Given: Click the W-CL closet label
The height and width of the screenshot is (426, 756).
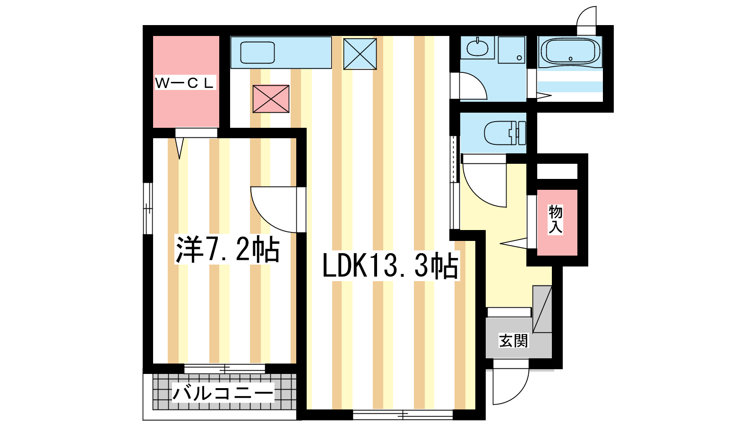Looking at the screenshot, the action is pyautogui.click(x=185, y=82).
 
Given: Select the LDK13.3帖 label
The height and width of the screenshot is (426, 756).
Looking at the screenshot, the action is pyautogui.click(x=390, y=266).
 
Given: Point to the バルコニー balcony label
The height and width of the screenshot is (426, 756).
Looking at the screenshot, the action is pyautogui.click(x=223, y=392).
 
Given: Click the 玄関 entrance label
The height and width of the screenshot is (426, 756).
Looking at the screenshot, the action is pyautogui.click(x=513, y=340).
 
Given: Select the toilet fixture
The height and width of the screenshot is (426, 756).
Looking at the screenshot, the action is pyautogui.click(x=505, y=133).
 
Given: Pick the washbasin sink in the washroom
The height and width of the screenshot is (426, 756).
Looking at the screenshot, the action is pyautogui.click(x=477, y=48).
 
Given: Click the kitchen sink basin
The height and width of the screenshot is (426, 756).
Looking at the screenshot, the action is pyautogui.click(x=257, y=53).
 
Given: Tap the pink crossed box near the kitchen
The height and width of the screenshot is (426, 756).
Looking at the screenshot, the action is pyautogui.click(x=271, y=99).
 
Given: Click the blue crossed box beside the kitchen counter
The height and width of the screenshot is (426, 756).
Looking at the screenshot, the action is pyautogui.click(x=360, y=54).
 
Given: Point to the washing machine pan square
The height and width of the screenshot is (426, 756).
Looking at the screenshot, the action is pyautogui.click(x=512, y=50).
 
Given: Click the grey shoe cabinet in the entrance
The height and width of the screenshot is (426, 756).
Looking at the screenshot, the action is pyautogui.click(x=542, y=309).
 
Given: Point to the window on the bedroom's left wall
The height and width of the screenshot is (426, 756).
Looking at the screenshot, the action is pyautogui.click(x=148, y=209).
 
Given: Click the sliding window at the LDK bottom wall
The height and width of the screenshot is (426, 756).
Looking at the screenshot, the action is pyautogui.click(x=403, y=415).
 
